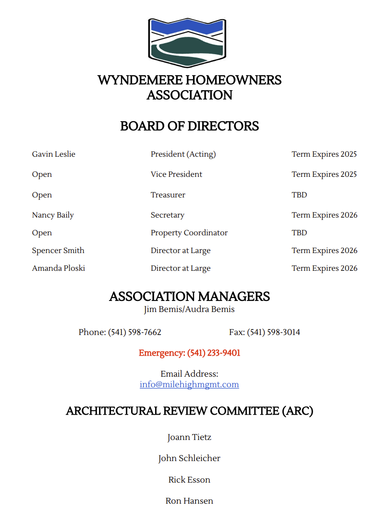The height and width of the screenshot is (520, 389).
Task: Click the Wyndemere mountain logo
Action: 187,43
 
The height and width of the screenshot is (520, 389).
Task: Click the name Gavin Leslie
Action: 54,154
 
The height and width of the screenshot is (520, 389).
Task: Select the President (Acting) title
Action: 183,154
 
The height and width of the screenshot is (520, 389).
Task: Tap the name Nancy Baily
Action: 53,215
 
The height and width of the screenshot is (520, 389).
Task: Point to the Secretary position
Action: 167,215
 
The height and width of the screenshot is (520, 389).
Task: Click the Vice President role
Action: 176,174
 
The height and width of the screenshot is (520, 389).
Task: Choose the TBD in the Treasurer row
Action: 299,195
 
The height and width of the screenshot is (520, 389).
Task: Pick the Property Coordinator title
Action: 189,232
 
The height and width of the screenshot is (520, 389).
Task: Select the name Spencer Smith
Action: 58,250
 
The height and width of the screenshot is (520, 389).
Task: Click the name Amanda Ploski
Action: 58,268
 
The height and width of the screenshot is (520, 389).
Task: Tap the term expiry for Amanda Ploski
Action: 324,268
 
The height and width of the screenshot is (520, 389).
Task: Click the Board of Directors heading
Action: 189,126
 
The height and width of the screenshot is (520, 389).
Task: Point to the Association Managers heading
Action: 189,296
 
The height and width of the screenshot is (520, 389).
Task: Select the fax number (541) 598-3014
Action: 273,332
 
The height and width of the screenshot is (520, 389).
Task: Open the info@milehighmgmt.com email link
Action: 189,384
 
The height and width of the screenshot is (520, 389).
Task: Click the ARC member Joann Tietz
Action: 189,437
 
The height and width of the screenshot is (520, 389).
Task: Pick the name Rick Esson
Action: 189,479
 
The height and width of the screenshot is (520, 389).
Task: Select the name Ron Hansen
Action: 189,500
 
